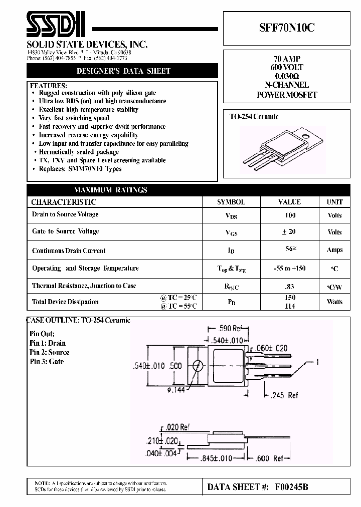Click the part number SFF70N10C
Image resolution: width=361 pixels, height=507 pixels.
(x=287, y=28)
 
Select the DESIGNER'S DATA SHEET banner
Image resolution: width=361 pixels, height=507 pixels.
(x=123, y=71)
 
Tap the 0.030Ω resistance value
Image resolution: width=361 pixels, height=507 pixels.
(x=287, y=76)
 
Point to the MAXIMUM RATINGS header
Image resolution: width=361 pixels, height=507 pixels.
(x=111, y=190)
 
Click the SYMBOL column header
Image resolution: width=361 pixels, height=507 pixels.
(x=231, y=202)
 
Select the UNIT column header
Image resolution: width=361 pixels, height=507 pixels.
(x=334, y=202)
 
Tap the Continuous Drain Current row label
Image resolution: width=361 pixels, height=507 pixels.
(x=69, y=250)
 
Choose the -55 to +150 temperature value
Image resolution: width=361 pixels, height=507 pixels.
(x=289, y=268)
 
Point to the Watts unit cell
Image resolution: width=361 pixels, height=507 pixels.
(x=334, y=302)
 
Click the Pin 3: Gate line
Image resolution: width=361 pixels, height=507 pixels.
(x=47, y=362)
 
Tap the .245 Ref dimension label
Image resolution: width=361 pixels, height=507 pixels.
(x=285, y=395)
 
